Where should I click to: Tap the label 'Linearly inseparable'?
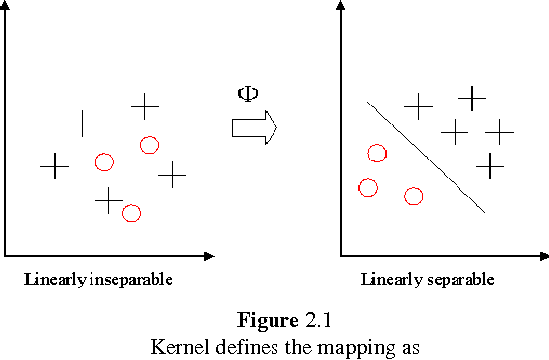point(98,279)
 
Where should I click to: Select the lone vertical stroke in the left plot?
point(82,123)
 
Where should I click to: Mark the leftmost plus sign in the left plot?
point(54,166)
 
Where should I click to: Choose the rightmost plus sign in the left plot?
point(173,175)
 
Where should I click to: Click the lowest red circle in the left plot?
point(131,212)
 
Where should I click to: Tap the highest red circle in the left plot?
point(149,145)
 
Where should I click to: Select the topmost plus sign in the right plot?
point(471,96)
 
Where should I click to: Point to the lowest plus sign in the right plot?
point(490,165)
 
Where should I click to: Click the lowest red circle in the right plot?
point(414,195)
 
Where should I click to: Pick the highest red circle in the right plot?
point(376,153)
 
